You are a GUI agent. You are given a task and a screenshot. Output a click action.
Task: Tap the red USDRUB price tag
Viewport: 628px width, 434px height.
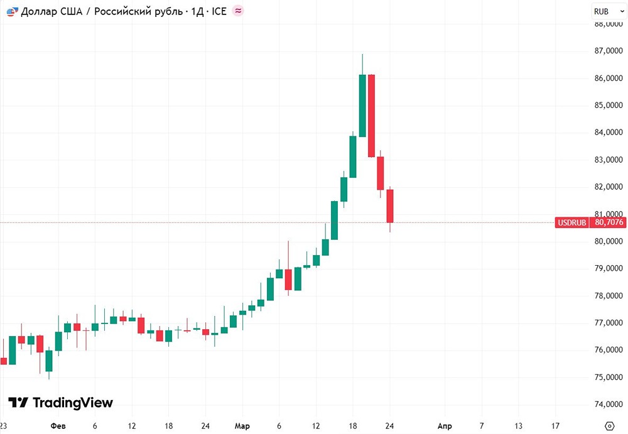[571, 222]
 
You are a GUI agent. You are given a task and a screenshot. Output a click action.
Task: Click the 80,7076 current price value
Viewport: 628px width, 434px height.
[609, 222]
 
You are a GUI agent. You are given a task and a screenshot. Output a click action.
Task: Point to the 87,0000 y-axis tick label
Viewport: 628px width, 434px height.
[609, 52]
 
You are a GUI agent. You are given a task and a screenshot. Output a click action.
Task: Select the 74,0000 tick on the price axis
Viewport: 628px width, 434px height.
[609, 404]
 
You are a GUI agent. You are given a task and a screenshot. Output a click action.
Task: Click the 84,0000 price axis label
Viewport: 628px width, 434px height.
[609, 133]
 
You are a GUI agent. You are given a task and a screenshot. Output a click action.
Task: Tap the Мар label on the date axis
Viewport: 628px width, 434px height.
[242, 426]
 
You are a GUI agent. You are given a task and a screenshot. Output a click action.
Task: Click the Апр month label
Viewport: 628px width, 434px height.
[445, 426]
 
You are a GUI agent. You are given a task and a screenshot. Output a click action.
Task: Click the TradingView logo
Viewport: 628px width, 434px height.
[60, 403]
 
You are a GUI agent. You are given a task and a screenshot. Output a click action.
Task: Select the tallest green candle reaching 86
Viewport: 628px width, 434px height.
[362, 105]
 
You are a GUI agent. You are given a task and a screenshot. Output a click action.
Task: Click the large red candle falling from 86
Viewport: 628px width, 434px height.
[372, 116]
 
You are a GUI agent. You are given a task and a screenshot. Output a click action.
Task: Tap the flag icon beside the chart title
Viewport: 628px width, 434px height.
[11, 11]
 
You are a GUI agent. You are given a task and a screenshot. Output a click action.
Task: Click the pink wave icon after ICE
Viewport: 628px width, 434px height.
[238, 11]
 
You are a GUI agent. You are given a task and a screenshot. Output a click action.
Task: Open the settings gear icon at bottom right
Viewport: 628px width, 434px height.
[608, 426]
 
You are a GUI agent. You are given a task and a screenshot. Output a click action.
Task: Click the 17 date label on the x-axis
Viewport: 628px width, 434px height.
[556, 426]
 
